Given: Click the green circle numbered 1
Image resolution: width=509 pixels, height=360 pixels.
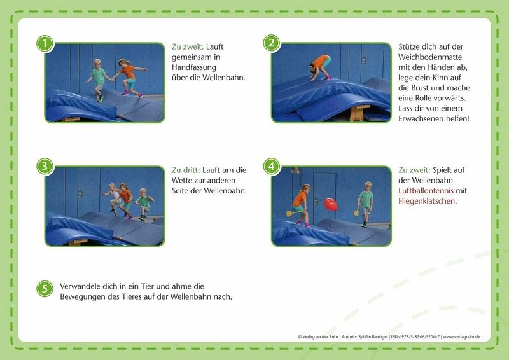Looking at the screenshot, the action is point(45,43).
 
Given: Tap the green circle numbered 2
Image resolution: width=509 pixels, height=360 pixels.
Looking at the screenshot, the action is point(272,43).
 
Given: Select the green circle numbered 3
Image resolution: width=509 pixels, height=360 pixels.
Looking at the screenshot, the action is point(45,167).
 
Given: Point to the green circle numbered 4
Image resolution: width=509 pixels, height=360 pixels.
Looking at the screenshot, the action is point(272,167).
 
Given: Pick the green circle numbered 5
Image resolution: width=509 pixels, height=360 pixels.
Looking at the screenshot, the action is point(45,289).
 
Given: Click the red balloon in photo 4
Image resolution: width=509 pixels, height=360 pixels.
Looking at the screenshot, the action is point(331,204).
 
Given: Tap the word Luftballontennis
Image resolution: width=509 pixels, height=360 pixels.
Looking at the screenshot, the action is point(426,191).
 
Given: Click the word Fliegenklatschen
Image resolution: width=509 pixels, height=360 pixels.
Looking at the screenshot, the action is point(426,201).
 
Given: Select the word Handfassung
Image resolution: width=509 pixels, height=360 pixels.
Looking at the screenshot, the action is point(194,67).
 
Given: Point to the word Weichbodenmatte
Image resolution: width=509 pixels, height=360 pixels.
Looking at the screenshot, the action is point(430,57).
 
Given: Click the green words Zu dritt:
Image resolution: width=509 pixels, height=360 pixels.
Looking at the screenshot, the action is point(186,170).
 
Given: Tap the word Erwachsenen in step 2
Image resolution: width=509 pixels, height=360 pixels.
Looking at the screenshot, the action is point(421,119).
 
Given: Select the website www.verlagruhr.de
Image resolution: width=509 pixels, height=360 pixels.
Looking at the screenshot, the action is point(462,337).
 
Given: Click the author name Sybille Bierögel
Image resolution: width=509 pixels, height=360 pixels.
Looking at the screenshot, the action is point(373,337).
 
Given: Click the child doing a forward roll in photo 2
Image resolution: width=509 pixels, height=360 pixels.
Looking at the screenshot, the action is point(321,67).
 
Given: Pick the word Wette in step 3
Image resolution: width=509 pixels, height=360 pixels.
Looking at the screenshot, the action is point(181,181).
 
